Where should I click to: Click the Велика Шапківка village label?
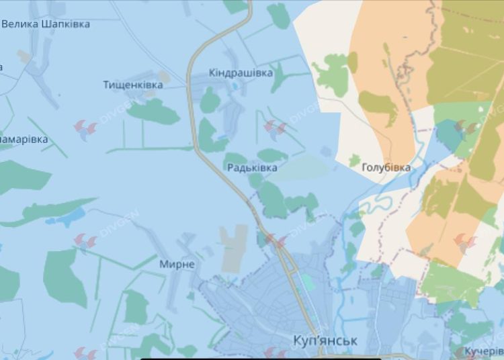[46, 24]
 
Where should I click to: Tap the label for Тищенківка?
[133, 85]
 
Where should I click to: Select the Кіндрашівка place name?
[241, 73]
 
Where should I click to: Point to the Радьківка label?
[252, 168]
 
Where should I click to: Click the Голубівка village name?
[386, 167]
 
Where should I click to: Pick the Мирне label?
[177, 264]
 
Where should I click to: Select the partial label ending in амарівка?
[24, 140]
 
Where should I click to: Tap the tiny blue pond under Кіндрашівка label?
[234, 86]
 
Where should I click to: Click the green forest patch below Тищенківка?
[153, 111]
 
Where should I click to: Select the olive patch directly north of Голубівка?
[378, 103]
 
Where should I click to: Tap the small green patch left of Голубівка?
[354, 160]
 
